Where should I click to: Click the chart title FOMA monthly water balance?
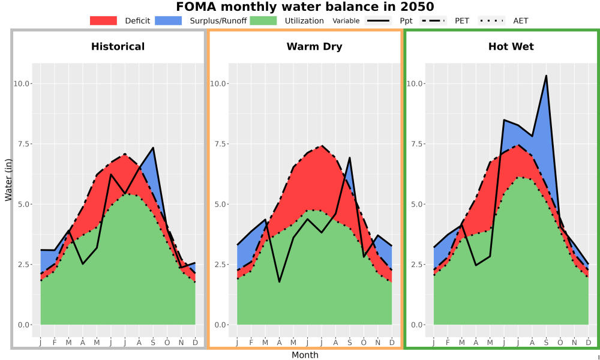point(305,7)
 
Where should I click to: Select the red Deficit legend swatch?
point(103,20)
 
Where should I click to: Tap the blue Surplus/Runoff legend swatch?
point(169,20)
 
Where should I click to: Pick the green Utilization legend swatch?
point(263,20)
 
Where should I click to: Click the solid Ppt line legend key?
point(377,20)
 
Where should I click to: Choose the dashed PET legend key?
point(433,20)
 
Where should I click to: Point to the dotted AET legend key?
point(491,20)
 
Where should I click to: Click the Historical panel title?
point(118,47)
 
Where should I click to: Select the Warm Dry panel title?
point(314,47)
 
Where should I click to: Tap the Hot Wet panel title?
point(511,47)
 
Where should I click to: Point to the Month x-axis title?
point(305,355)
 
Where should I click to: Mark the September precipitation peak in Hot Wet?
point(546,76)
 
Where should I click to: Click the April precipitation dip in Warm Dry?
point(280,282)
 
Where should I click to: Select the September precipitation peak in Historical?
point(153,148)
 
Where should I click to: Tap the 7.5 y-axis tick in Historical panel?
point(22,144)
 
